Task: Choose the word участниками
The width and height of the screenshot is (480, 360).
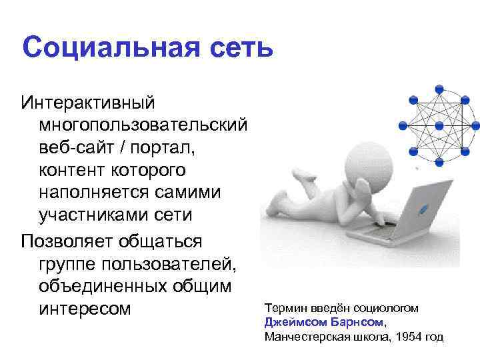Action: click(94, 214)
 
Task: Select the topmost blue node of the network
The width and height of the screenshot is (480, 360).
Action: click(439, 88)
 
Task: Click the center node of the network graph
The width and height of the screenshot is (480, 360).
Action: click(439, 125)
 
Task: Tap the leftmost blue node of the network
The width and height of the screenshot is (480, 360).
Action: click(402, 125)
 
